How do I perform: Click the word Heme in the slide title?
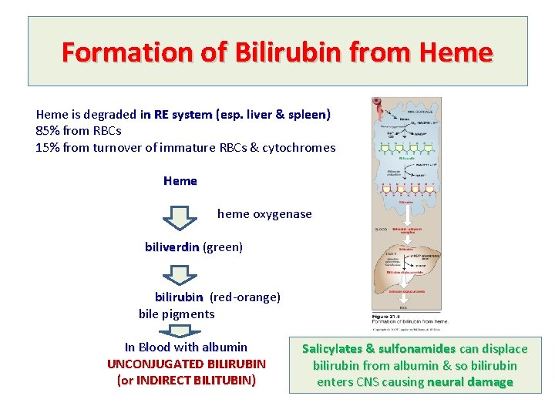pos(456,52)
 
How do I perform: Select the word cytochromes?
pos(300,147)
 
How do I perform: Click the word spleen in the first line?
pos(308,115)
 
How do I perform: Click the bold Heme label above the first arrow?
pos(180,181)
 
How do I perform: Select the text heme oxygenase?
pos(264,214)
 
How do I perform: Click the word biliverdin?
pos(172,247)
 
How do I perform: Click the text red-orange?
pos(245,297)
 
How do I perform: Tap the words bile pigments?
pos(177,314)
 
